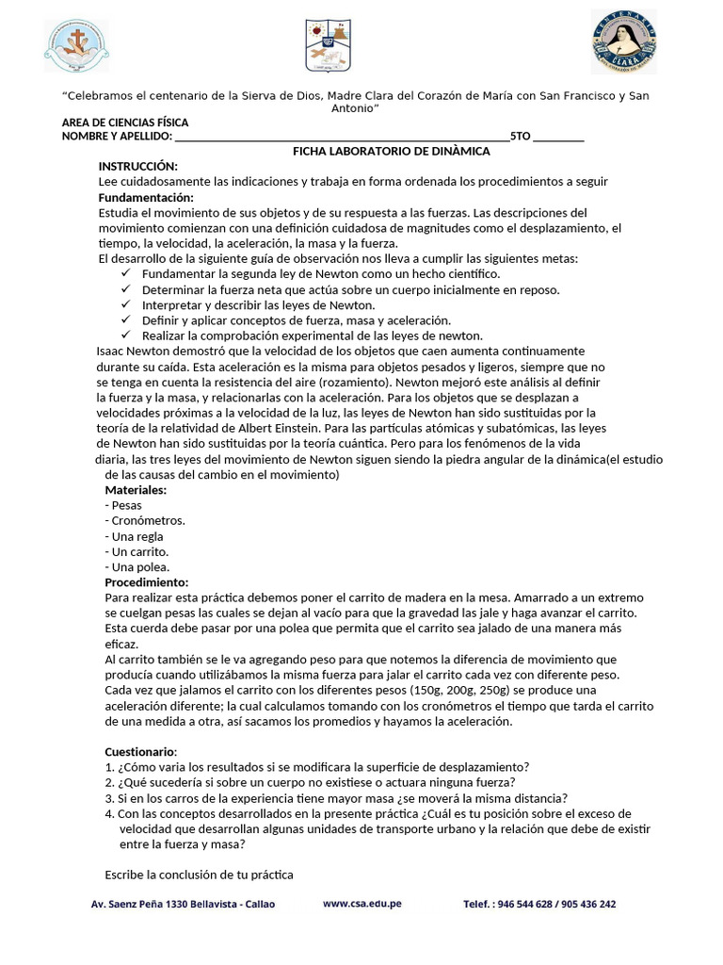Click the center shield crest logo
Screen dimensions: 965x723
pos(327,44)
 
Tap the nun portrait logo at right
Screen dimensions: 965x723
pos(624,42)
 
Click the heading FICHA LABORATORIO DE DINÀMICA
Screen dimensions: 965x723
pos(392,151)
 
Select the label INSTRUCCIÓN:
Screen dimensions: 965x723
pos(137,166)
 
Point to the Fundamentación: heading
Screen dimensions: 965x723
pos(146,197)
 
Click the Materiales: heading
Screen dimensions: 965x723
pos(136,490)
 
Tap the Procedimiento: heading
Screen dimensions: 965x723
pos(146,582)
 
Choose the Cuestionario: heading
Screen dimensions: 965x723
pos(140,751)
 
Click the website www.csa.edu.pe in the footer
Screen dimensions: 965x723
pos(362,903)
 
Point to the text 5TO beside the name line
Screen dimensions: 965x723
pos(520,137)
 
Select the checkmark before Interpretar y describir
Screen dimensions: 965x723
pos(126,304)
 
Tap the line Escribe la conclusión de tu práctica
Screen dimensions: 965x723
pos(199,875)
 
